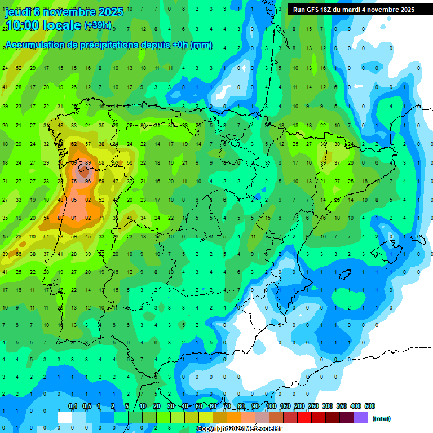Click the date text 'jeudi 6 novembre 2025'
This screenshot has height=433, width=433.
click(x=64, y=11)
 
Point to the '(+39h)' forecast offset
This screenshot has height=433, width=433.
click(x=98, y=26)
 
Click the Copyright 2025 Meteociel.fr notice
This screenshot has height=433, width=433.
click(x=239, y=429)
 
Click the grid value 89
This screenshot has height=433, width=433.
click(x=87, y=163)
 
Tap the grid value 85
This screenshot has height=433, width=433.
click(x=74, y=200)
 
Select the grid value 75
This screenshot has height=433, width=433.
click(x=74, y=182)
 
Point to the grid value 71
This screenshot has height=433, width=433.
click(x=101, y=218)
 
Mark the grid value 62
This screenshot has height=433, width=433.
click(x=74, y=144)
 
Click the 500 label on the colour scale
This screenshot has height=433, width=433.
click(x=370, y=406)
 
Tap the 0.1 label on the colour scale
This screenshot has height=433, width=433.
click(x=73, y=406)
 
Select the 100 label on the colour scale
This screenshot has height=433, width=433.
click(x=271, y=406)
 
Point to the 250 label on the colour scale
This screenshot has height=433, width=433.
click(x=313, y=406)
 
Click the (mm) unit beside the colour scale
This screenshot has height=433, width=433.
click(x=382, y=418)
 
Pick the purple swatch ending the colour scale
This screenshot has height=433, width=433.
click(x=361, y=417)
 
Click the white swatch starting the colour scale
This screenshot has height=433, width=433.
click(x=65, y=417)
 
